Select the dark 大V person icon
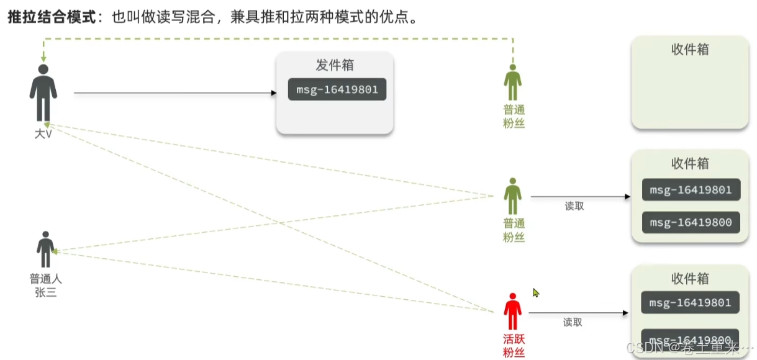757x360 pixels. pos(43,92)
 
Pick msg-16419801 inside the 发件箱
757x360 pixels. pos(337,89)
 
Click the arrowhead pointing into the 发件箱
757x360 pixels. pos(273,93)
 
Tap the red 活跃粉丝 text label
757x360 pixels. pos(514,346)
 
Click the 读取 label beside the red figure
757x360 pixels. pos(573,322)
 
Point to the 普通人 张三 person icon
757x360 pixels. pos(45,250)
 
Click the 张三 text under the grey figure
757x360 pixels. pos(46,292)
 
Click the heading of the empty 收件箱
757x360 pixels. pos(690,50)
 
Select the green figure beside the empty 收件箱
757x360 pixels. pos(512,82)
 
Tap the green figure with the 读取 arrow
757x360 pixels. pos(512,196)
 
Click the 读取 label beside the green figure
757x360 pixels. pos(574,206)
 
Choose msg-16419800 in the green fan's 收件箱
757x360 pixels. pos(691,222)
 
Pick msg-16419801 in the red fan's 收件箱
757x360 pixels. pos(691,303)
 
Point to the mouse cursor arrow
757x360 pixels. pos(535,292)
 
